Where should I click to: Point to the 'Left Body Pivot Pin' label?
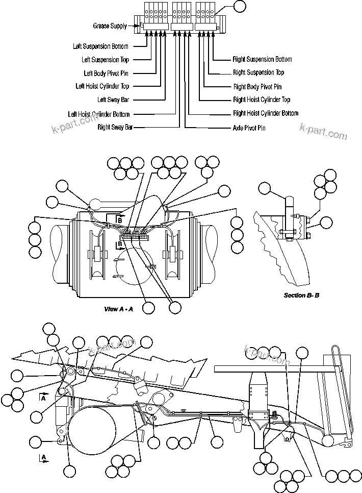point(106,73)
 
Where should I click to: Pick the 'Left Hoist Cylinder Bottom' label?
point(99,114)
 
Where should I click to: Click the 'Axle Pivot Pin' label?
point(249,128)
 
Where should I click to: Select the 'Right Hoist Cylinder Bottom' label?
point(265,113)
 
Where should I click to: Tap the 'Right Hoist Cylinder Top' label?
point(261,100)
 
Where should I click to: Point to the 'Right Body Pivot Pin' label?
point(257,87)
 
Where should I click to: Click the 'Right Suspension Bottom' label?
point(262,60)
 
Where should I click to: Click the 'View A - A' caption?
point(118,309)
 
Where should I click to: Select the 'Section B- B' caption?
point(301,295)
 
